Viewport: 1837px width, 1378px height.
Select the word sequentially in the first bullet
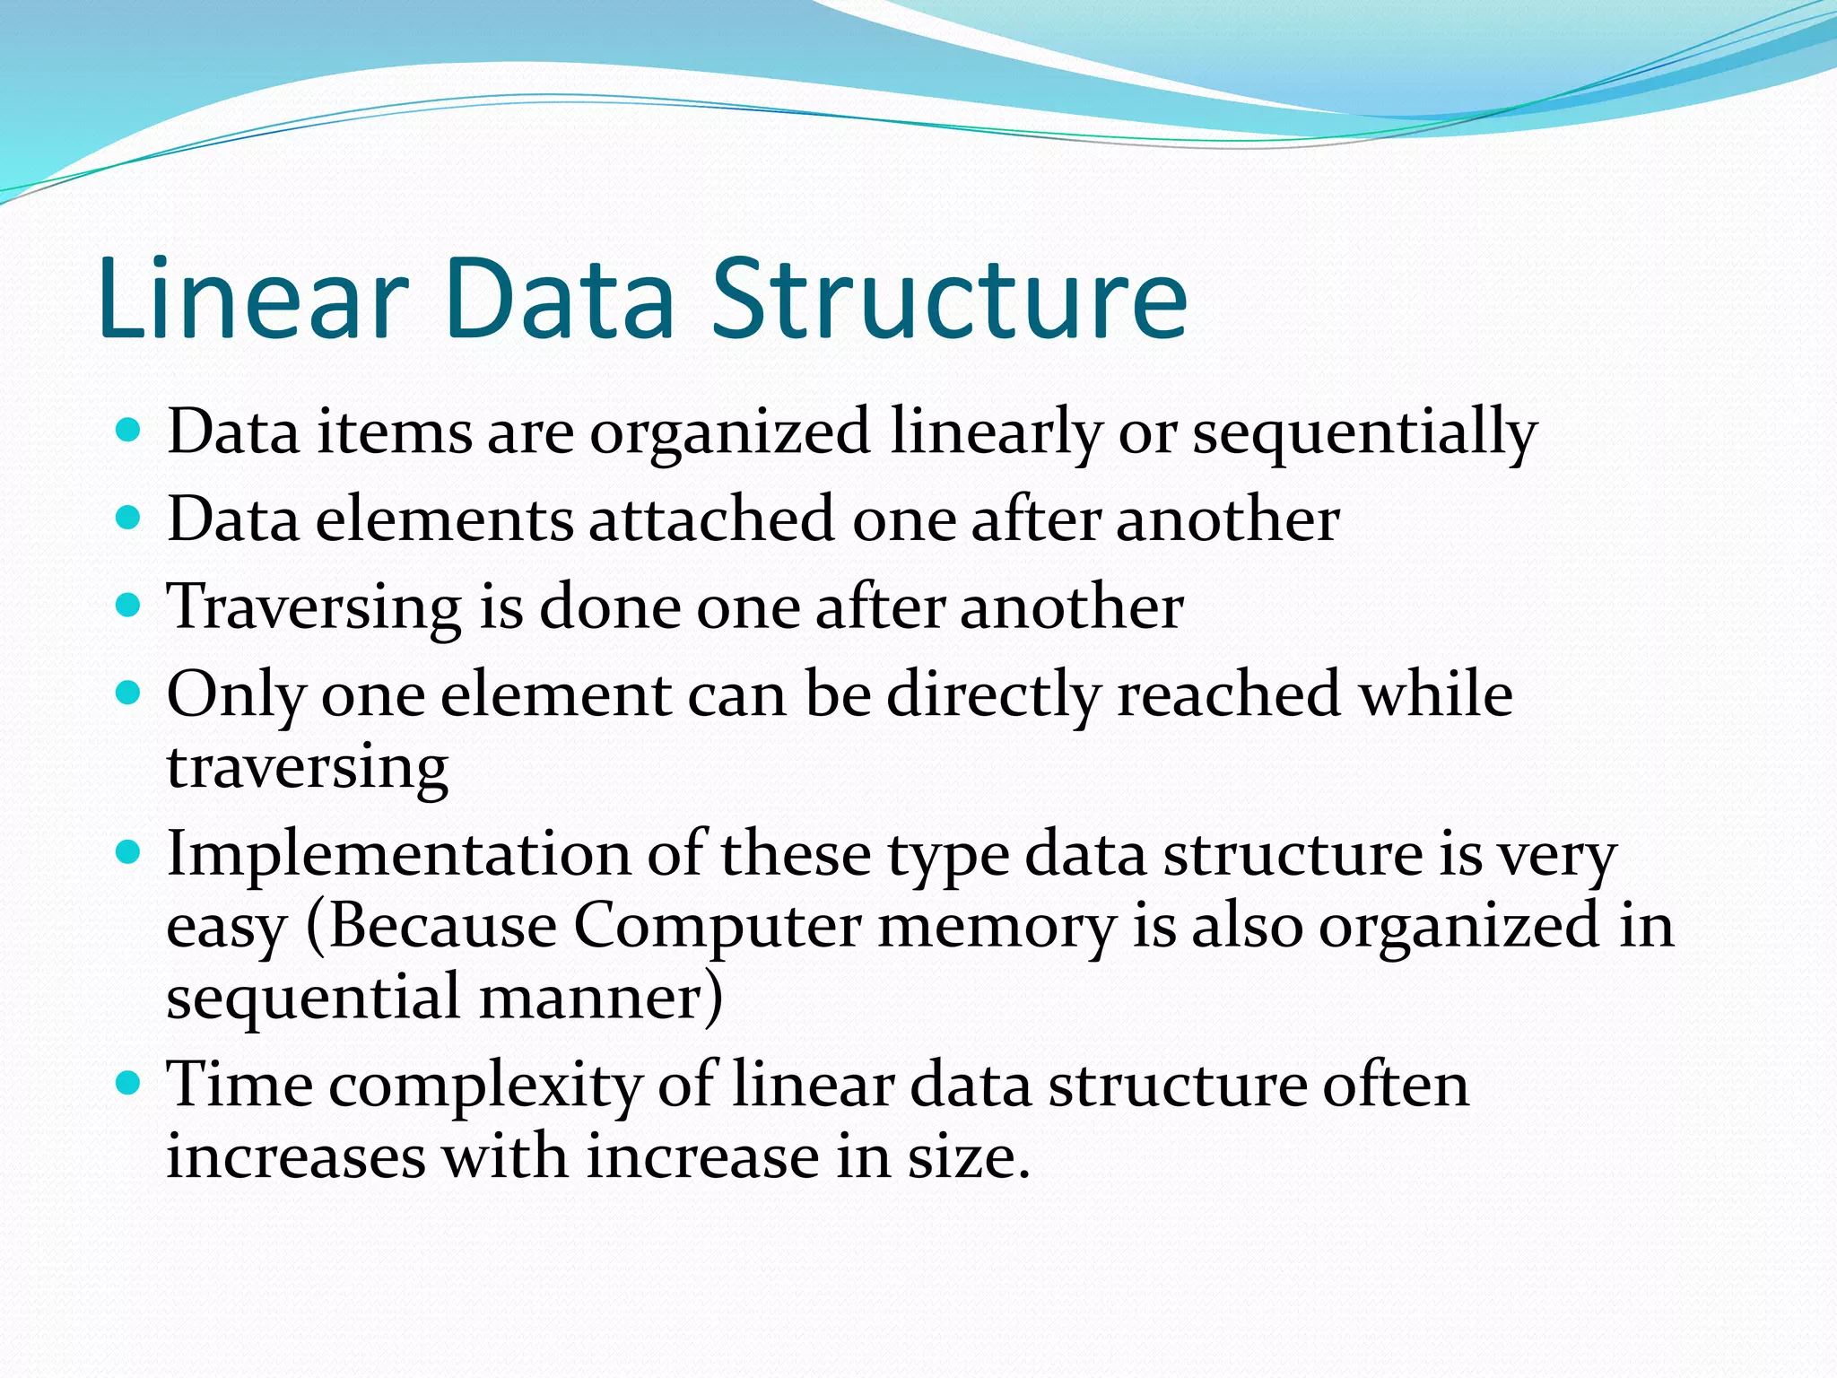[1363, 433]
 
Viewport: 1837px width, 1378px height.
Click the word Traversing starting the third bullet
[314, 608]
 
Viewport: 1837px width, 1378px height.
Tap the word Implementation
[399, 854]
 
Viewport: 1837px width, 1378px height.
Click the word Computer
[717, 926]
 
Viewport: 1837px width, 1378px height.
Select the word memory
[997, 926]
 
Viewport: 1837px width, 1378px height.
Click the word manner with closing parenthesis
[600, 998]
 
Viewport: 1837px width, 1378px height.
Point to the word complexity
[485, 1086]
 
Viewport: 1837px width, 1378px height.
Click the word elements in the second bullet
[444, 520]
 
